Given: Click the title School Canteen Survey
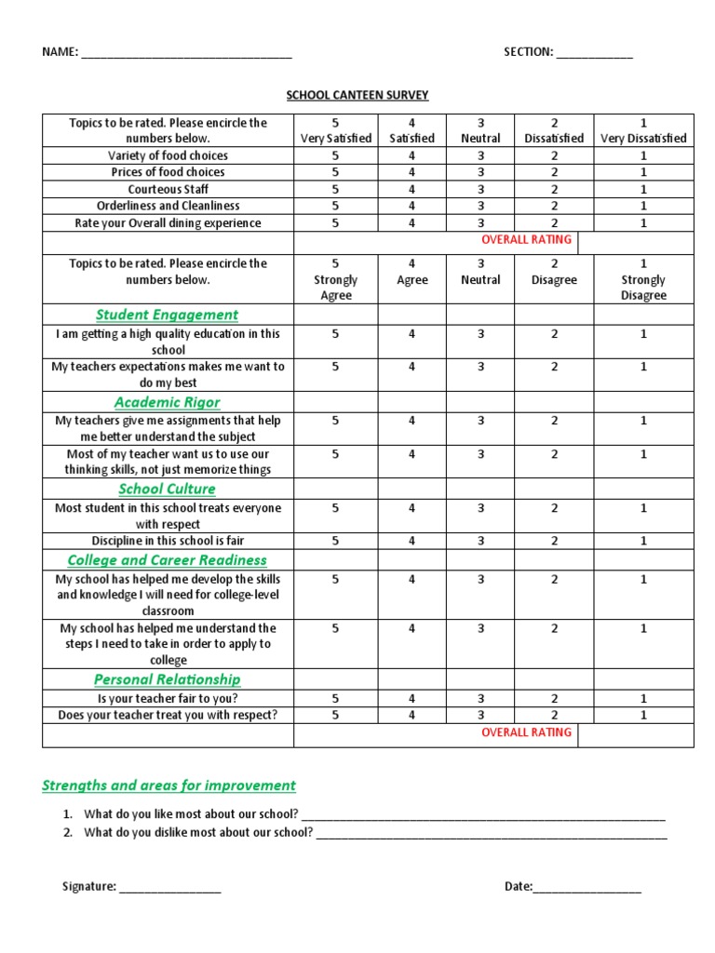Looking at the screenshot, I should [357, 95].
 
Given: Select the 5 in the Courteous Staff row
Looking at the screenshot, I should [335, 189].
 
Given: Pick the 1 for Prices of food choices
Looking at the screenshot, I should [642, 172].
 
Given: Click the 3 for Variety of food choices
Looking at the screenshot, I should [480, 155].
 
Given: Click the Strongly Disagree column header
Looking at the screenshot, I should [642, 279].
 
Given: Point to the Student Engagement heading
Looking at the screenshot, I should [168, 315].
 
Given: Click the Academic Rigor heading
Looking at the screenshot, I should [168, 402].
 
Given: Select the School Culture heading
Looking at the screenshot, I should [168, 489].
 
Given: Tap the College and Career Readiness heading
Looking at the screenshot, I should [168, 560].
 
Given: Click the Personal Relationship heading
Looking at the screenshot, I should [168, 679].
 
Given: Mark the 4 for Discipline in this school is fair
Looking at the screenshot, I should [411, 541].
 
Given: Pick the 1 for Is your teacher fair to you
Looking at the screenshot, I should [642, 698].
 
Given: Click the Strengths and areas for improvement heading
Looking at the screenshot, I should [169, 785].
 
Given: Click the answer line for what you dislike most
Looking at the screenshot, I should [491, 836].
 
